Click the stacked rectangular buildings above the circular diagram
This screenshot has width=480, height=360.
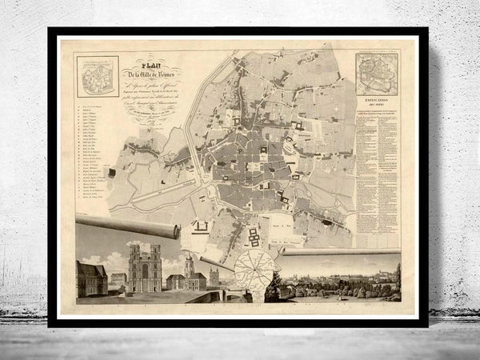254,237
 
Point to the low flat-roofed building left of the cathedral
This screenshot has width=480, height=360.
118,280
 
